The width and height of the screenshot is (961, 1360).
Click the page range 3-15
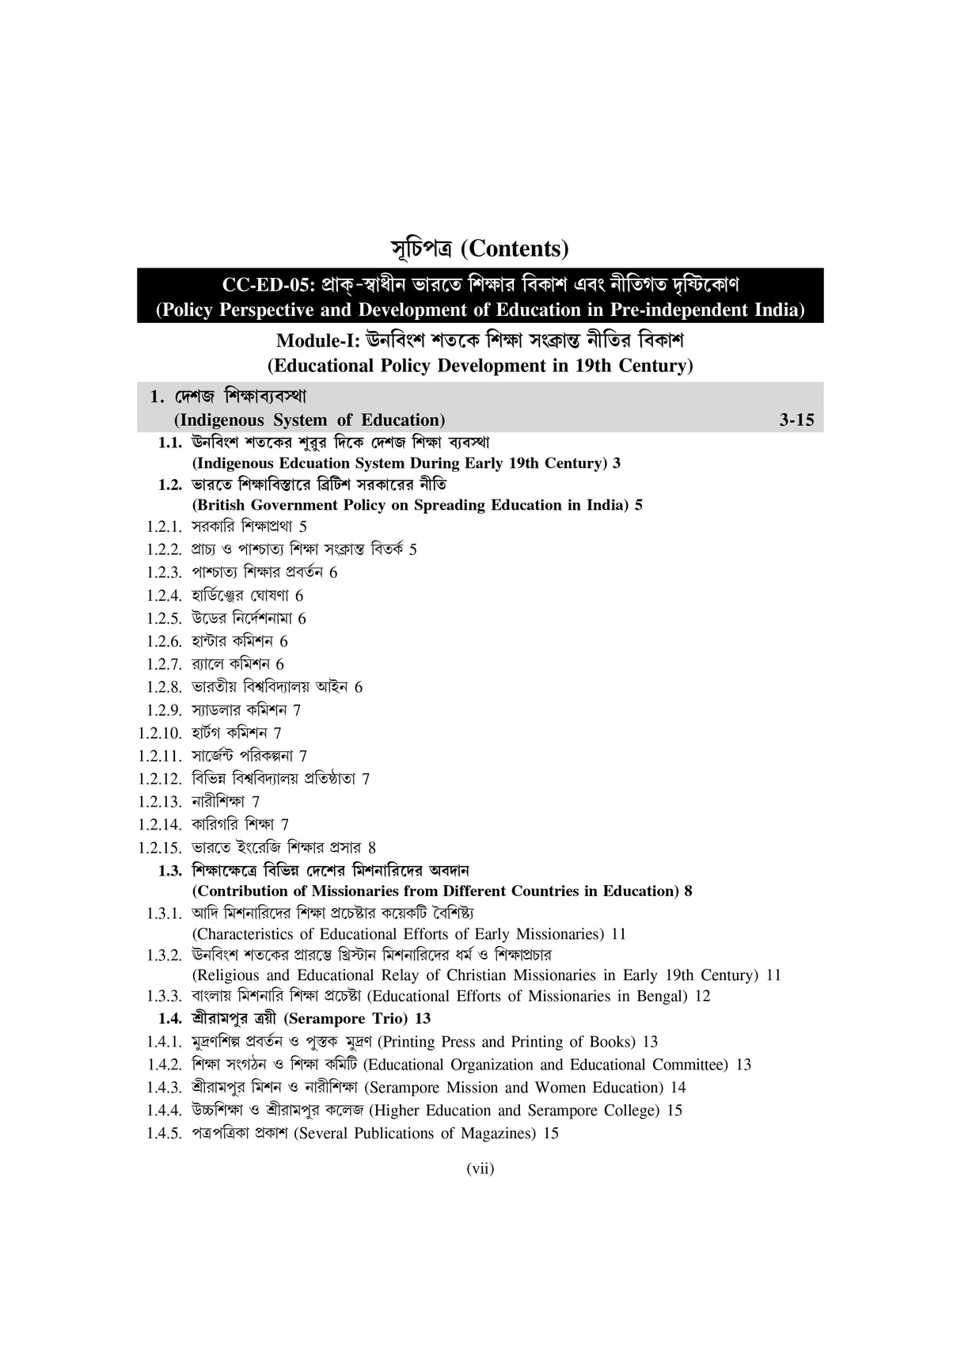pyautogui.click(x=796, y=420)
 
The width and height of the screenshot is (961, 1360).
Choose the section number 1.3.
pyautogui.click(x=170, y=871)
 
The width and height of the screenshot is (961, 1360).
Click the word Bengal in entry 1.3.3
pyautogui.click(x=662, y=996)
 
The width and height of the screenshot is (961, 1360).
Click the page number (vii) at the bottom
pyautogui.click(x=480, y=1168)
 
